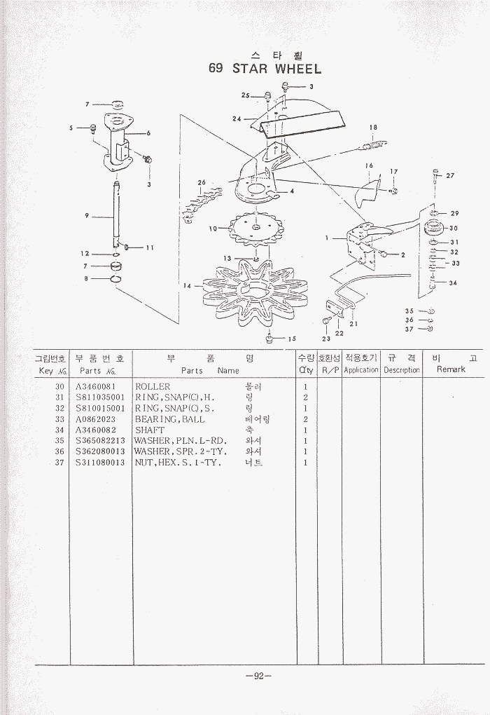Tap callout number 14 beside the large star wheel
tap(187, 285)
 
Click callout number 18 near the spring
tap(373, 128)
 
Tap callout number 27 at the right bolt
tap(449, 175)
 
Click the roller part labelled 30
tap(433, 228)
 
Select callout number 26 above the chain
tap(202, 182)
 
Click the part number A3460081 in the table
tap(94, 386)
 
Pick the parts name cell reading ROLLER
tap(153, 386)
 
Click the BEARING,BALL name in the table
tap(170, 419)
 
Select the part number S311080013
tap(99, 463)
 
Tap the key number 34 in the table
tap(59, 430)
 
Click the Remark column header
tap(451, 369)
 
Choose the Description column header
tap(401, 369)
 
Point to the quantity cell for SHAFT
tap(306, 430)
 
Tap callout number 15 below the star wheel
tap(291, 339)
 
